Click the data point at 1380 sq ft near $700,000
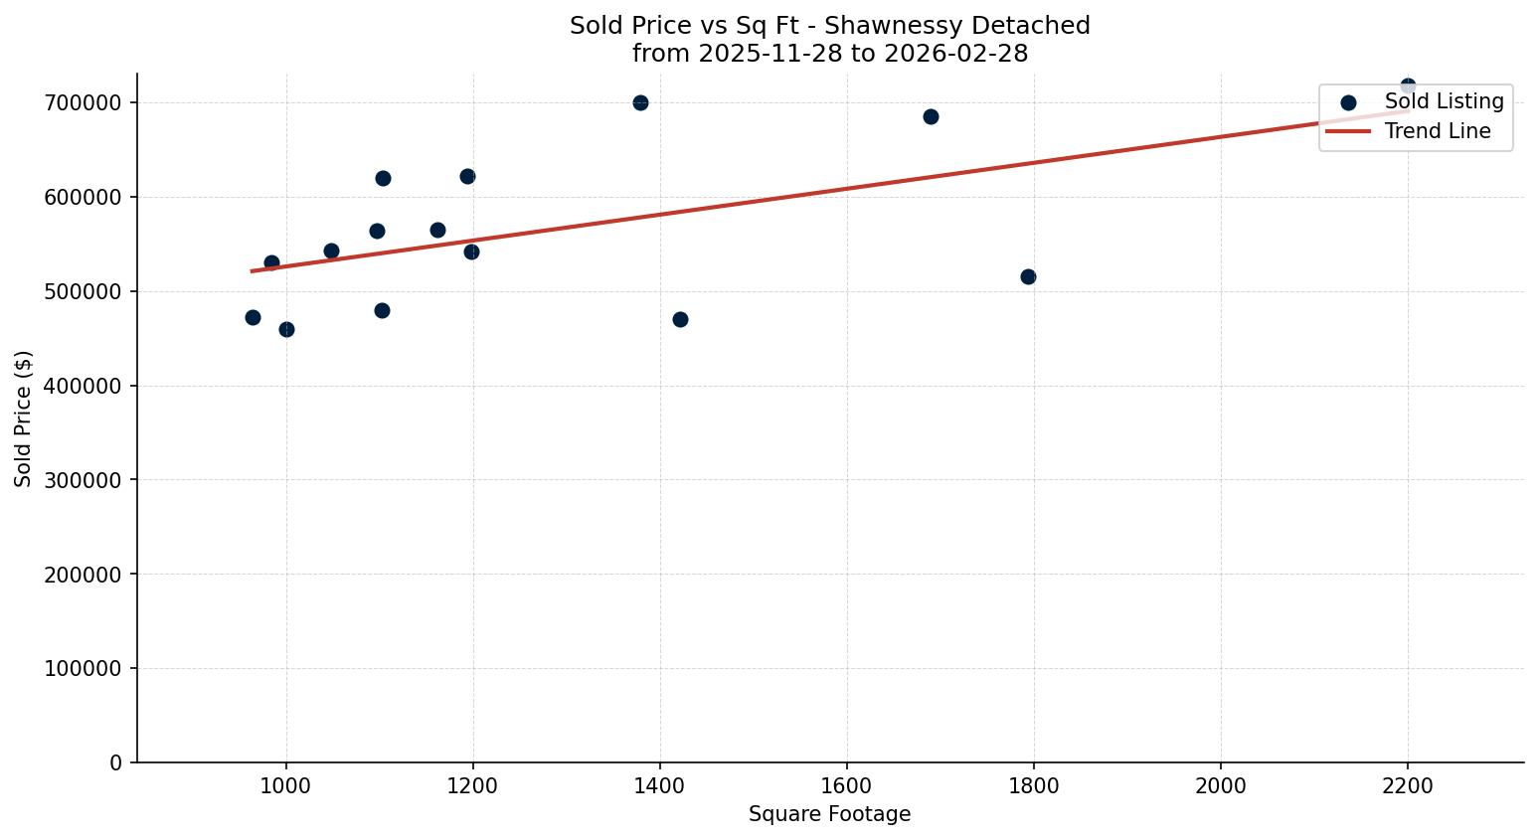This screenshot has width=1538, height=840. coord(640,103)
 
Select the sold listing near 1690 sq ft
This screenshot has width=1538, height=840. coord(931,117)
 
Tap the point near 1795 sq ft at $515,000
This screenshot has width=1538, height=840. coord(1028,277)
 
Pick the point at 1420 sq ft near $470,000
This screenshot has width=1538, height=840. coord(680,320)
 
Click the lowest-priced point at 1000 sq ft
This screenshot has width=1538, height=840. coord(286,330)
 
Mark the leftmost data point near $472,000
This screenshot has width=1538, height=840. coord(253,318)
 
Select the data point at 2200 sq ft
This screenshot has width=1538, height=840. coord(1408,86)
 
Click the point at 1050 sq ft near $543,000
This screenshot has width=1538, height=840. coord(331,252)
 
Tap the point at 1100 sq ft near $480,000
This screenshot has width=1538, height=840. coord(382,311)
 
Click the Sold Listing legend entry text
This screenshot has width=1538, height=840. coord(1444,102)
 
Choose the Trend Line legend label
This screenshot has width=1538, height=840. coord(1438,132)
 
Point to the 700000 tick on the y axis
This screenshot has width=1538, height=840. coord(84,103)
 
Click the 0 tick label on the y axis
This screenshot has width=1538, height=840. coord(116,763)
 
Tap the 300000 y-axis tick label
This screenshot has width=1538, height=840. coord(84,480)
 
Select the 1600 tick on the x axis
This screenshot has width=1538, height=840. coord(847,785)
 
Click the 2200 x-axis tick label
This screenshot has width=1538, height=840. coord(1408,785)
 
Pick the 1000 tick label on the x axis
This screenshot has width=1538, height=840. coord(286,785)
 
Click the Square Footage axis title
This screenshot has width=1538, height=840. coord(829,815)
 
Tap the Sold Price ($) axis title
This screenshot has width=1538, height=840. coord(24,419)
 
